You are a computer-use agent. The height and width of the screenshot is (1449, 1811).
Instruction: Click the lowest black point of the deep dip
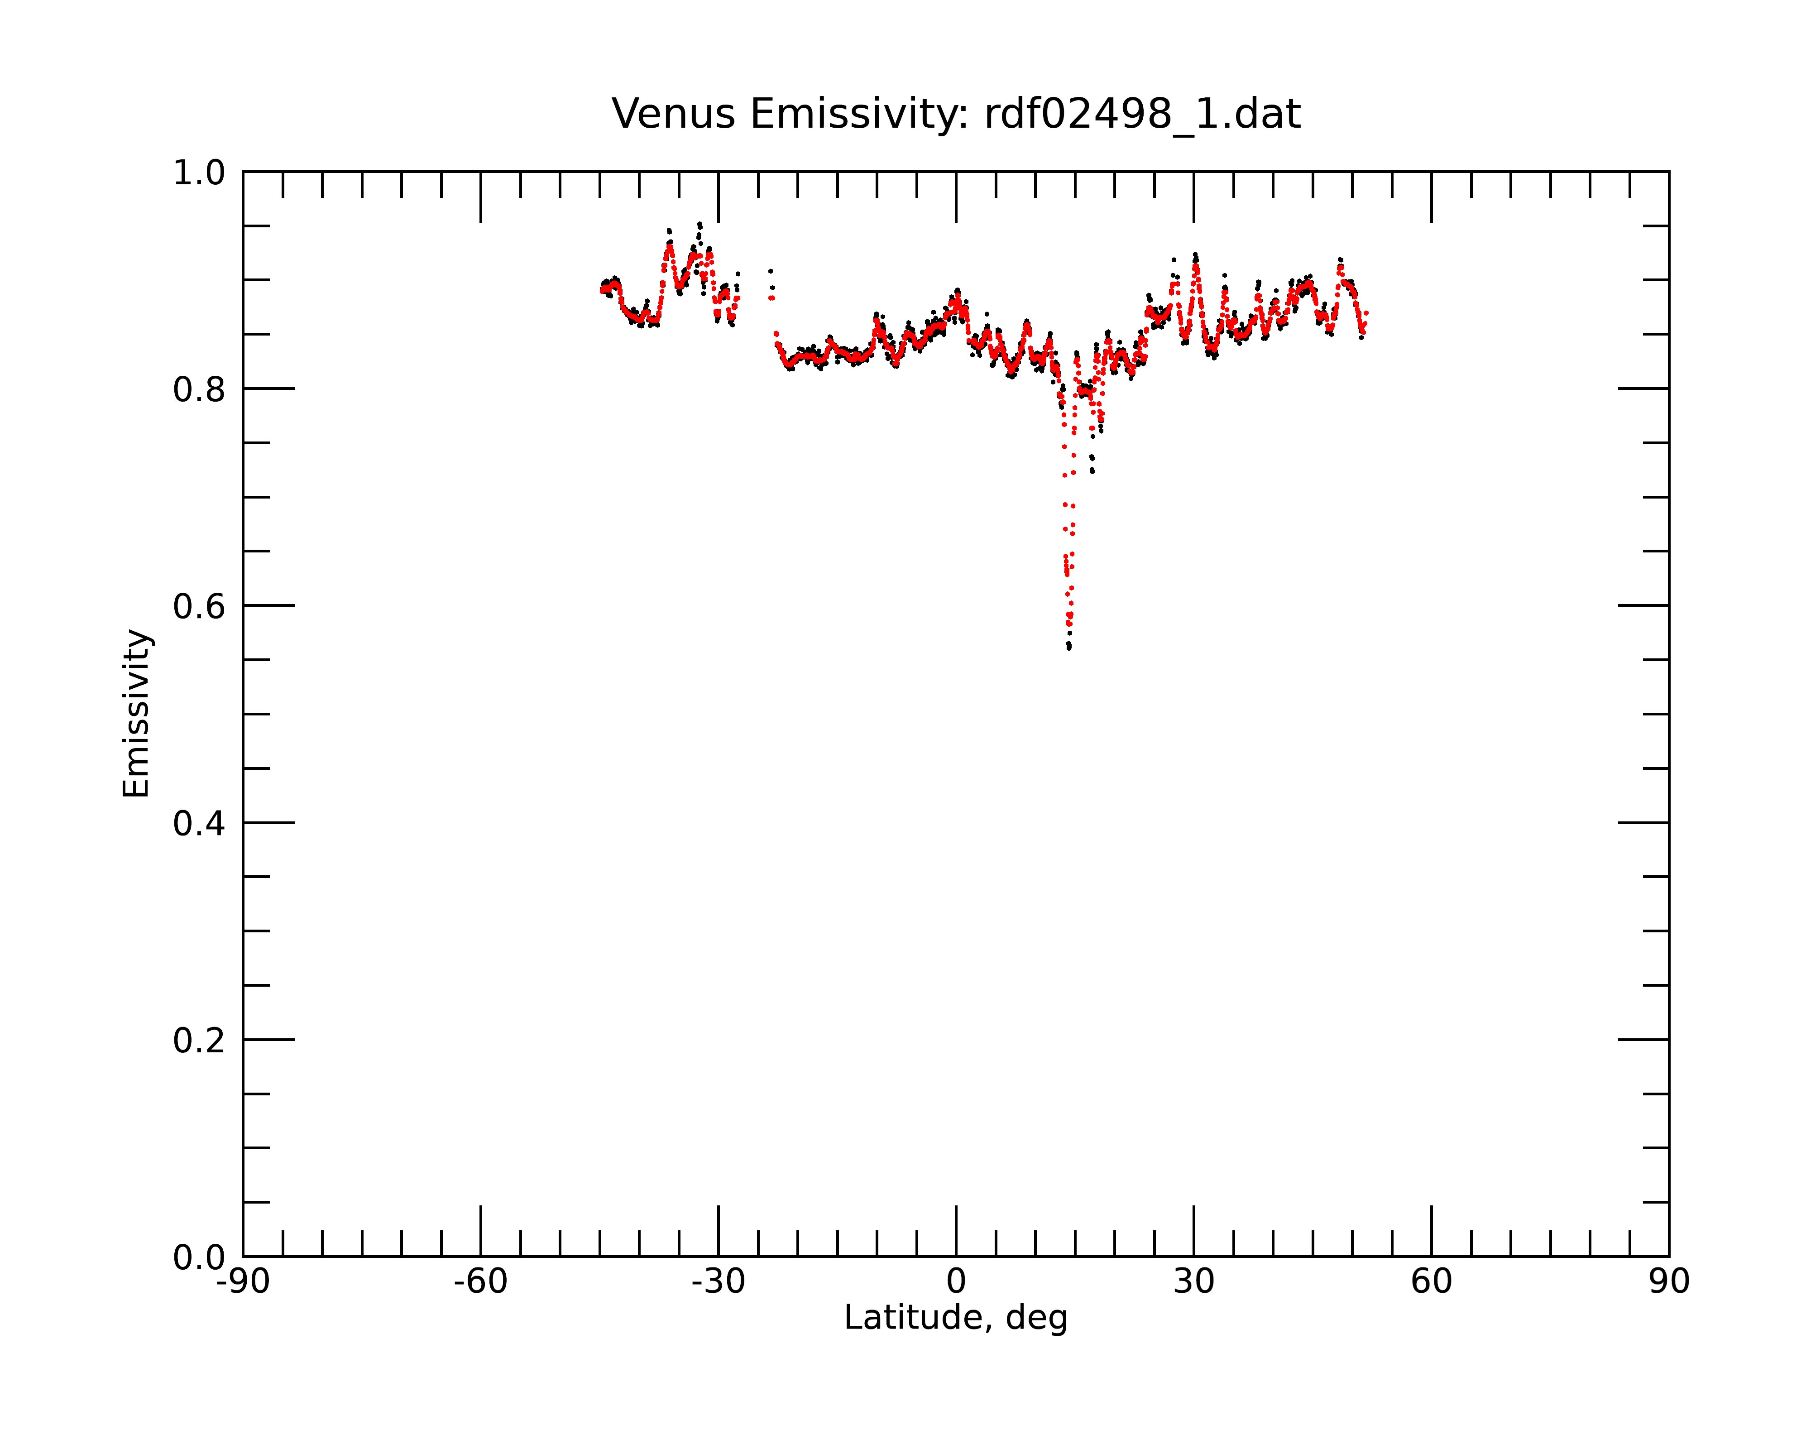point(1068,648)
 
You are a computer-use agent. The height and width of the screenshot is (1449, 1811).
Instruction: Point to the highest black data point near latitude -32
point(699,224)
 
